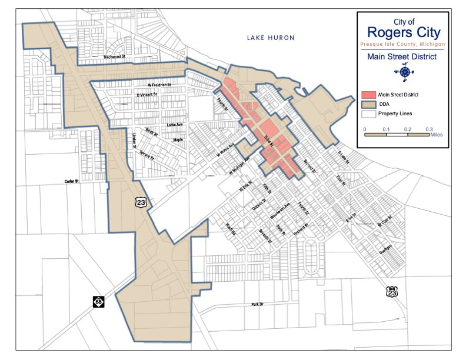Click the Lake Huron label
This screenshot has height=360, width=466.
[270, 38]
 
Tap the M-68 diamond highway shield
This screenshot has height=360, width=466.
[98, 301]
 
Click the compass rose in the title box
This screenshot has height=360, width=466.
[405, 72]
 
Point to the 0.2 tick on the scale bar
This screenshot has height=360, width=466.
[407, 128]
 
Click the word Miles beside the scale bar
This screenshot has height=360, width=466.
[437, 134]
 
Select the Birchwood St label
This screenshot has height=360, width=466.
[115, 56]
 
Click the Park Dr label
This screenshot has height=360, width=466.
[259, 304]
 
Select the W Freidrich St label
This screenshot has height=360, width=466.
[159, 85]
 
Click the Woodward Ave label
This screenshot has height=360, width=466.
[280, 212]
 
